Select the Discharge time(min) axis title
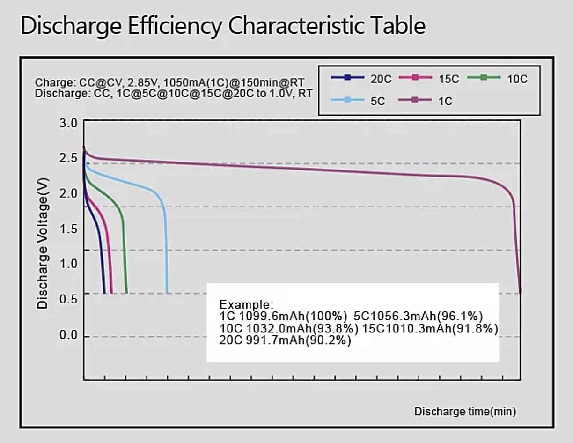point(465,412)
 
